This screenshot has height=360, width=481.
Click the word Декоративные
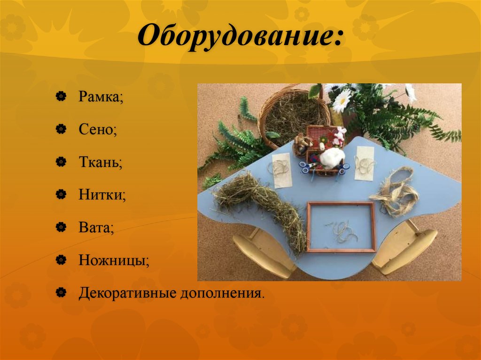tap(126, 293)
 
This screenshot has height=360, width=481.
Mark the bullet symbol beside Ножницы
tap(60, 260)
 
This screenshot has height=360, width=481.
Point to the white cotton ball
tap(332, 156)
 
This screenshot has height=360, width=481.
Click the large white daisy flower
tap(342, 99)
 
